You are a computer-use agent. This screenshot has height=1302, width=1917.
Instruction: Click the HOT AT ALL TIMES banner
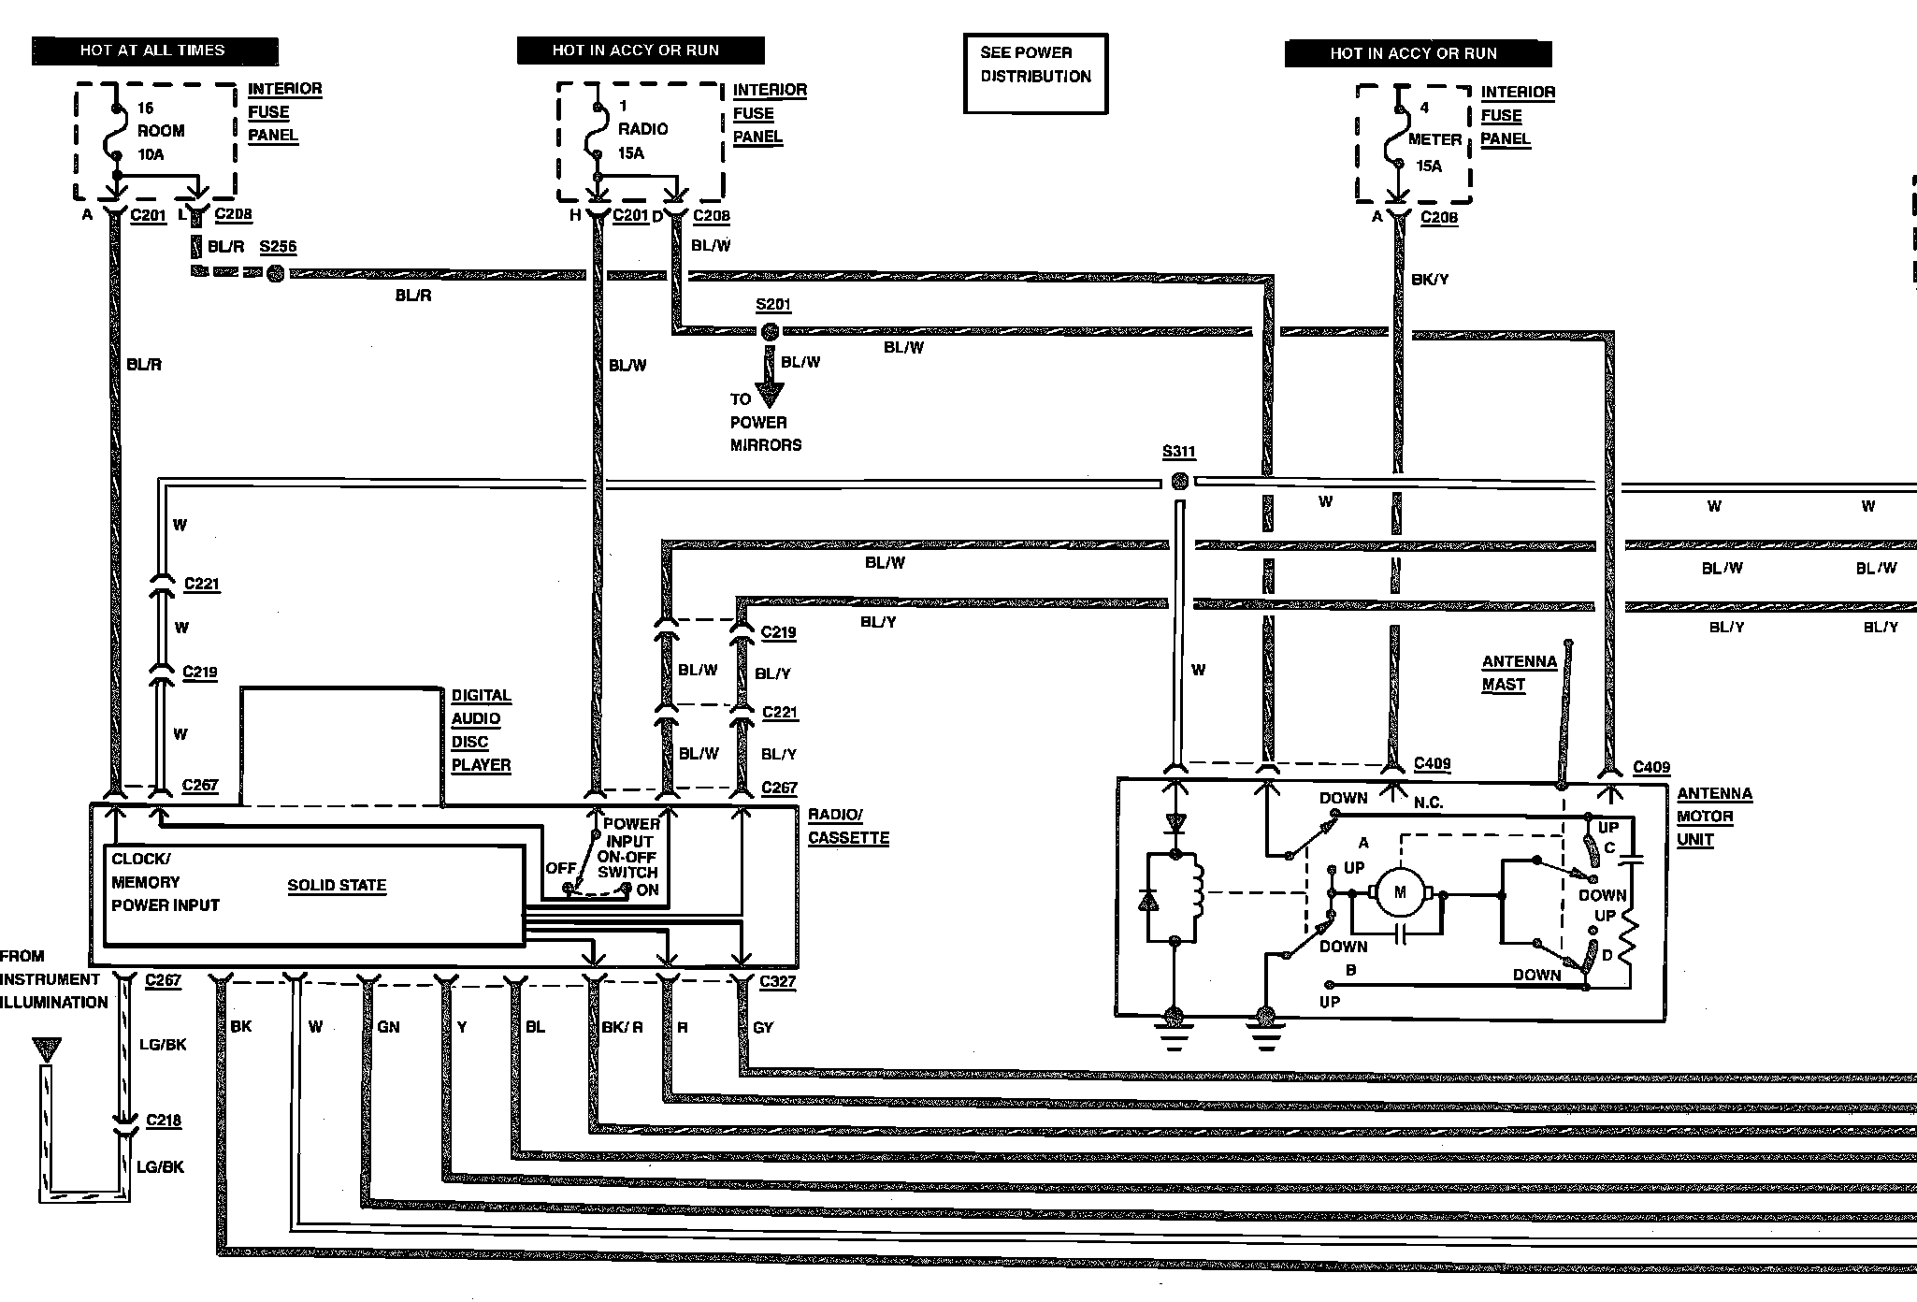click(155, 51)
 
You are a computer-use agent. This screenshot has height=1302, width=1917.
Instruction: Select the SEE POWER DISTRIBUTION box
click(1035, 74)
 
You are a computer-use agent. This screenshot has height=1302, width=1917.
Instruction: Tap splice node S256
click(275, 273)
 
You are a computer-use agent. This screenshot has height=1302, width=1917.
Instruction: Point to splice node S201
click(770, 331)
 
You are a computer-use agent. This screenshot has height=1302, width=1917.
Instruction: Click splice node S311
click(1179, 482)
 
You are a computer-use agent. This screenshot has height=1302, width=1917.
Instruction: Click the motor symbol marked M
click(1399, 892)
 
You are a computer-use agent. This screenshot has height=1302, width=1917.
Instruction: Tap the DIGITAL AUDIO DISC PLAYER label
click(482, 730)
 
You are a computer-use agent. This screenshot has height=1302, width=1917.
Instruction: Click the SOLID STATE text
click(337, 885)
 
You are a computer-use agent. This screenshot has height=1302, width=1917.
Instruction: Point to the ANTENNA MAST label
click(1520, 673)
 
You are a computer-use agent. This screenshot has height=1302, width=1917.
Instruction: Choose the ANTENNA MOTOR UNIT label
click(1714, 817)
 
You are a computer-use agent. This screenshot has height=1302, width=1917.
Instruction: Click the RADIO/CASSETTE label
click(848, 826)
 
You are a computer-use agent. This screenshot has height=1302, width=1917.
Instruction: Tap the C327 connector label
click(778, 981)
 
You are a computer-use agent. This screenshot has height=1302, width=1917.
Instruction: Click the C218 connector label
click(164, 1120)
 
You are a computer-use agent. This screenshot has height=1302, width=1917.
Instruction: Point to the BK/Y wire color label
click(1430, 279)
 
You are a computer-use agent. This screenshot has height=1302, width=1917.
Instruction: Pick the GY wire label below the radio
click(763, 1027)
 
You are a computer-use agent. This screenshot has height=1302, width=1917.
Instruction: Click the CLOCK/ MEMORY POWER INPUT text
click(166, 882)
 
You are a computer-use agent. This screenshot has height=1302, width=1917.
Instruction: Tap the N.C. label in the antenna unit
click(1428, 803)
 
